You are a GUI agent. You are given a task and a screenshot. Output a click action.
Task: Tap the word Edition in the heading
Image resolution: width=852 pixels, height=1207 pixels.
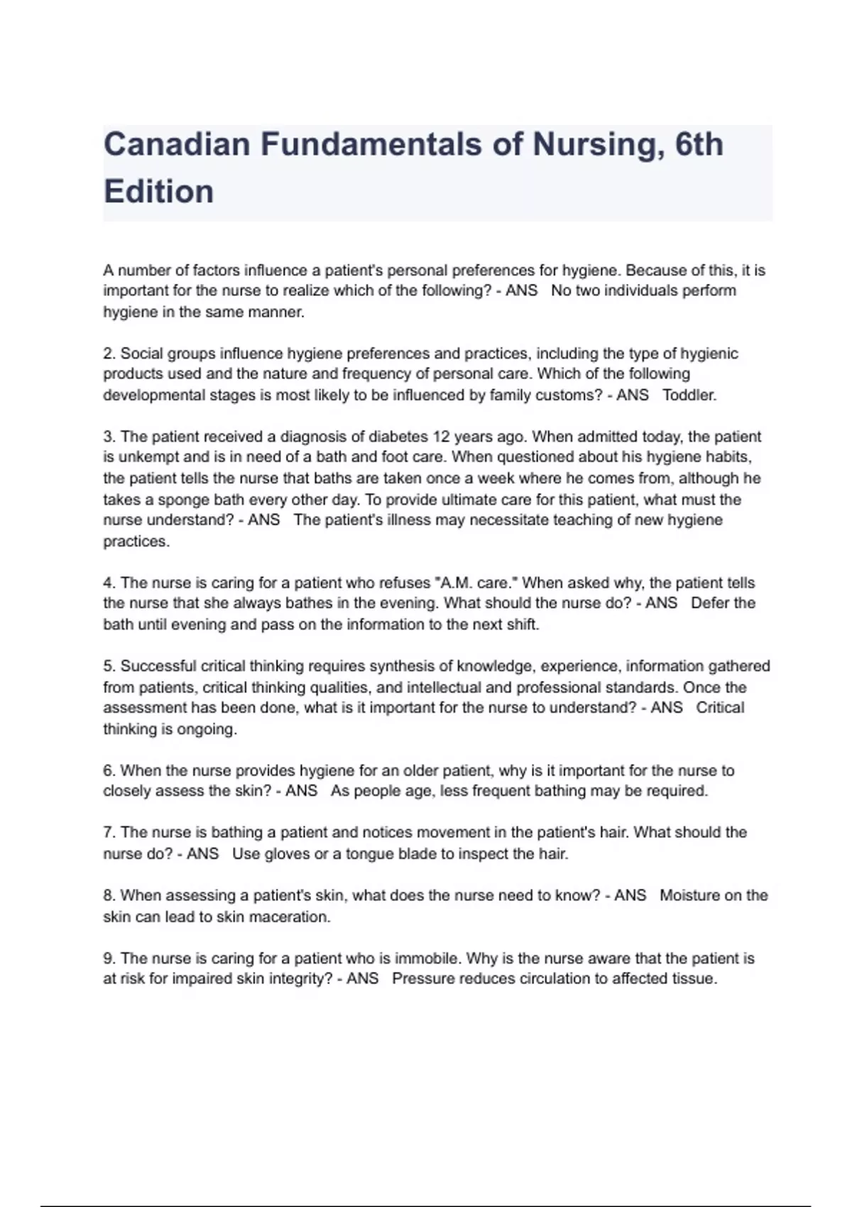click(x=158, y=192)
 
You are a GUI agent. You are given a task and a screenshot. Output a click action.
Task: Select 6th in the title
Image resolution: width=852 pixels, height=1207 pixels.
click(x=699, y=145)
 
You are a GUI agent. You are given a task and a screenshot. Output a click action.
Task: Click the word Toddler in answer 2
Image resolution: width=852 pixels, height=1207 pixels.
click(x=689, y=395)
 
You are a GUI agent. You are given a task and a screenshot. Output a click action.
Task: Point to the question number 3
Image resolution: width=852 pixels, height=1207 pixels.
click(x=109, y=437)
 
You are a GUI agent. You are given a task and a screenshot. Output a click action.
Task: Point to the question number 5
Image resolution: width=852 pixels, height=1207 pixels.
click(x=109, y=667)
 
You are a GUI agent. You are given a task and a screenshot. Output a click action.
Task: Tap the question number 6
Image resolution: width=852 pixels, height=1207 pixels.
click(x=109, y=771)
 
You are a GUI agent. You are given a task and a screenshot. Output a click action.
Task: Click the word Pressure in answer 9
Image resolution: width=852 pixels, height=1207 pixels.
click(x=423, y=979)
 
